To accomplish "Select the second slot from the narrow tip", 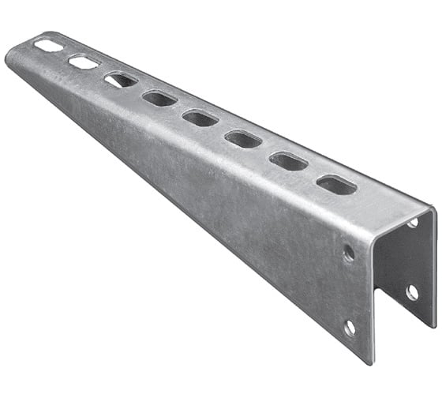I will click(x=83, y=61).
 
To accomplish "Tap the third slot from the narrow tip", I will click(x=120, y=79).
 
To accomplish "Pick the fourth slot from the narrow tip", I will click(x=159, y=98).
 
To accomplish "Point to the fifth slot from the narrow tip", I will click(x=200, y=118).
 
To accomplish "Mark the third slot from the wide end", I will click(x=243, y=139).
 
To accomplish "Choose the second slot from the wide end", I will click(x=289, y=161).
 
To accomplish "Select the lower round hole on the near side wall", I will click(x=350, y=327).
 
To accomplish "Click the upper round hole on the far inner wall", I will click(x=413, y=223).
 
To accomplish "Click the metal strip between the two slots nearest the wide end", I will click(x=313, y=173).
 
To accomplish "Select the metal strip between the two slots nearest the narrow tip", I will click(x=66, y=53).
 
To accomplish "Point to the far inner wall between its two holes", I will click(x=412, y=258).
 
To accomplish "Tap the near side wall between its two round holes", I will click(x=349, y=290).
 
